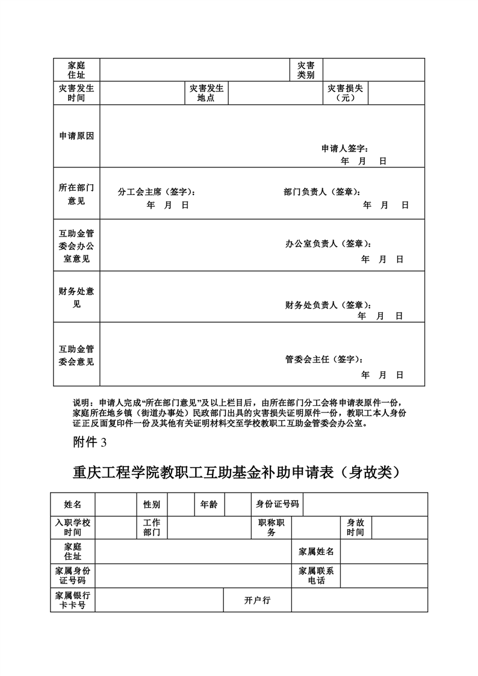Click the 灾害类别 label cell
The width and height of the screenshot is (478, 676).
coord(306,70)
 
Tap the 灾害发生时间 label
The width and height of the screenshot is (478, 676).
coord(76,93)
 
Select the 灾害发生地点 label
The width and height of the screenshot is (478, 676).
coord(206,93)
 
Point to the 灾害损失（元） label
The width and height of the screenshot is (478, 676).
coord(345,93)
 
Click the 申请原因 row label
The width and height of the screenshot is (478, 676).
coord(76,136)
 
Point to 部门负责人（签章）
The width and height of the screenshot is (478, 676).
coord(323,192)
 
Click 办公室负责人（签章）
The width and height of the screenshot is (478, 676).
coord(328,244)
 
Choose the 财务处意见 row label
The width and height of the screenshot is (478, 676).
coord(76,297)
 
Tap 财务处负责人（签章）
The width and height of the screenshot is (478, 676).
coord(328,305)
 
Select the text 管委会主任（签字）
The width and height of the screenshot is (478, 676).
coord(324,359)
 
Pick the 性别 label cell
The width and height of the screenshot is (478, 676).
coord(151,504)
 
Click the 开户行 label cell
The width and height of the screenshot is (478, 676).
coord(257,600)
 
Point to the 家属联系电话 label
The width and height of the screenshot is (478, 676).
coord(316,575)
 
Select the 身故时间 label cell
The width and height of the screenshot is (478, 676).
coord(355,527)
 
